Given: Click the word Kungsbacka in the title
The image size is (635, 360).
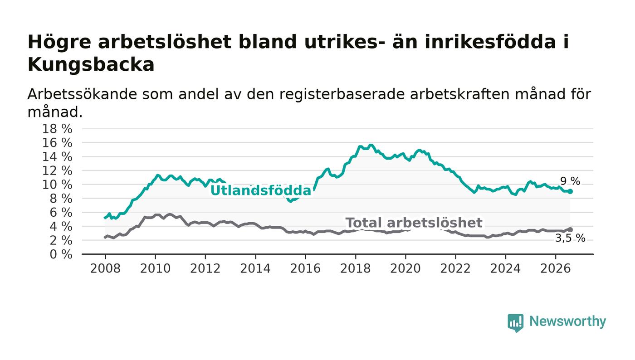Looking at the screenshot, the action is pyautogui.click(x=91, y=65).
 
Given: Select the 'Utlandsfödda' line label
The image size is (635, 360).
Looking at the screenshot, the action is pyautogui.click(x=260, y=190).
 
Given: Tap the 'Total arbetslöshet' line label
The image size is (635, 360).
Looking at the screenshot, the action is pyautogui.click(x=414, y=223).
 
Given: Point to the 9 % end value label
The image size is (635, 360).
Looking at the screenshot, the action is pyautogui.click(x=570, y=181).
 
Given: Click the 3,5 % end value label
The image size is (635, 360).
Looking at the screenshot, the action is pyautogui.click(x=570, y=238).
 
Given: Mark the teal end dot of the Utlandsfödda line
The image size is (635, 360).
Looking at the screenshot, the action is pyautogui.click(x=571, y=192).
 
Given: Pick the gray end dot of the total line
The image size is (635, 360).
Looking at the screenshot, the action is pyautogui.click(x=571, y=229).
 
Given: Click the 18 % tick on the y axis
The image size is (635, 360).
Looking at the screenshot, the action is pyautogui.click(x=57, y=129).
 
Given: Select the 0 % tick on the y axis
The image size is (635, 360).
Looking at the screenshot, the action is pyautogui.click(x=61, y=254).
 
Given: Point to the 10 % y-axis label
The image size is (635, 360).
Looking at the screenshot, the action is pyautogui.click(x=57, y=185).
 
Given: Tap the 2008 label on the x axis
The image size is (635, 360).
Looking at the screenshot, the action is pyautogui.click(x=105, y=269).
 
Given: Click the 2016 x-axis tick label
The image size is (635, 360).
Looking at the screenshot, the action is pyautogui.click(x=305, y=269).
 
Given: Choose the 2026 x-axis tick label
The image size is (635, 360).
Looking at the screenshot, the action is pyautogui.click(x=555, y=269).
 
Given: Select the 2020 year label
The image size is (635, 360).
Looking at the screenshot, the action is pyautogui.click(x=405, y=269).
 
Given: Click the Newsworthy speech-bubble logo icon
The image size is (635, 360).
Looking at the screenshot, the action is pyautogui.click(x=515, y=323).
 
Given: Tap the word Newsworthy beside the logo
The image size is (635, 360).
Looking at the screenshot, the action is pyautogui.click(x=567, y=321).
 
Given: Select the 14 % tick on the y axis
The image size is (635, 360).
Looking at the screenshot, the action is pyautogui.click(x=57, y=157).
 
